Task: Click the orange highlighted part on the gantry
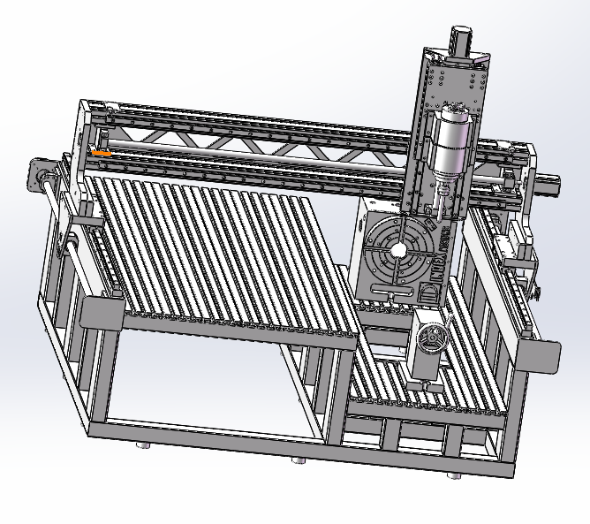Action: click(101, 153)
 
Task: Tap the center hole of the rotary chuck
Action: click(399, 251)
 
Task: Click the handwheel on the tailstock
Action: click(431, 338)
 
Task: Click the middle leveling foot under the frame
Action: click(299, 460)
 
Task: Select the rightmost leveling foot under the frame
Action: click(454, 475)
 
